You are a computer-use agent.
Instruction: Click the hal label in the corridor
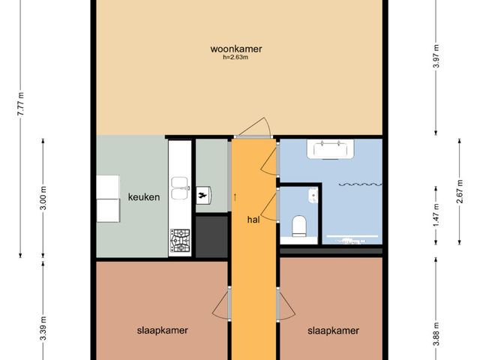(x=253, y=220)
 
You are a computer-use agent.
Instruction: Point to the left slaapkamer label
(x=162, y=330)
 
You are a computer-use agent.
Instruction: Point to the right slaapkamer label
(x=333, y=330)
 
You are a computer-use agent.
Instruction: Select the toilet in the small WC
(x=300, y=225)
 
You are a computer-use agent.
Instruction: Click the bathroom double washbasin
(x=331, y=149)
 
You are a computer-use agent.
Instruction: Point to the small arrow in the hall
(x=236, y=196)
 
